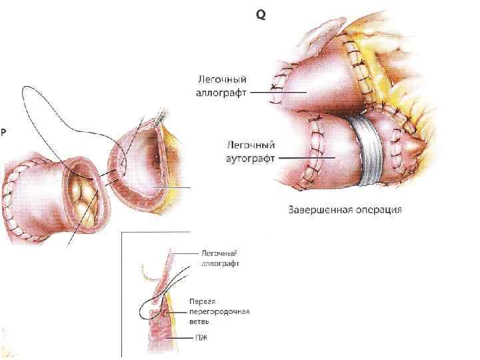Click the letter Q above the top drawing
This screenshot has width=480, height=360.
(261, 14)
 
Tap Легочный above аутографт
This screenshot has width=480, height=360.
(251, 144)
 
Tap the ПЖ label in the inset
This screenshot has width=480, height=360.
(201, 337)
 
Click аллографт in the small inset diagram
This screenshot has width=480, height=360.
(219, 263)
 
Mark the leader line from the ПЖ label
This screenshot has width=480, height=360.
(181, 337)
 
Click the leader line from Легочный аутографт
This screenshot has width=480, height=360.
(307, 158)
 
